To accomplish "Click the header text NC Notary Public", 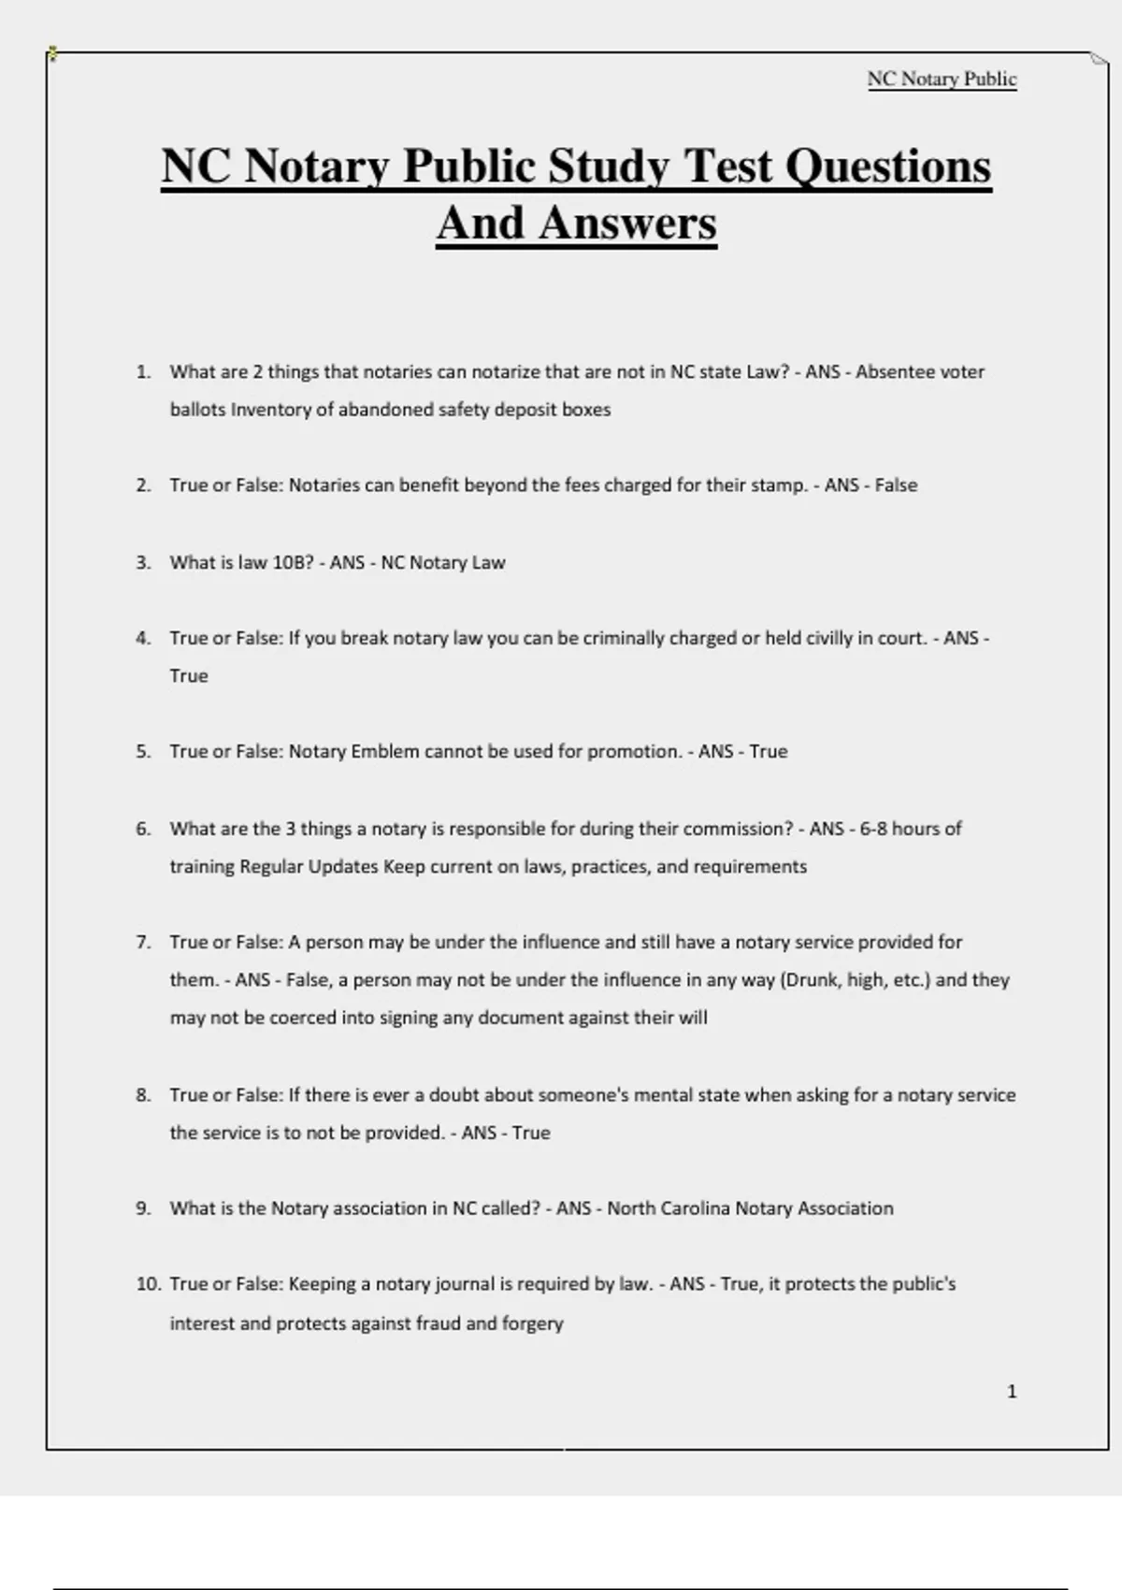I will pos(942,79).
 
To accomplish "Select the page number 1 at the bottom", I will pos(1012,1392).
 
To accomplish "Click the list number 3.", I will pos(143,562).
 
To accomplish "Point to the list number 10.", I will pos(148,1284).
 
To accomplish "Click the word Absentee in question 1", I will pos(895,371).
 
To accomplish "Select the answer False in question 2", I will pos(896,484).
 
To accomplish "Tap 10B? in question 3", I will pos(293,562).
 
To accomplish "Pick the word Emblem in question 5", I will pos(384,751).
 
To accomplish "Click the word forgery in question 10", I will pos(532,1323).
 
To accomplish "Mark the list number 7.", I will pos(143,942).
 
